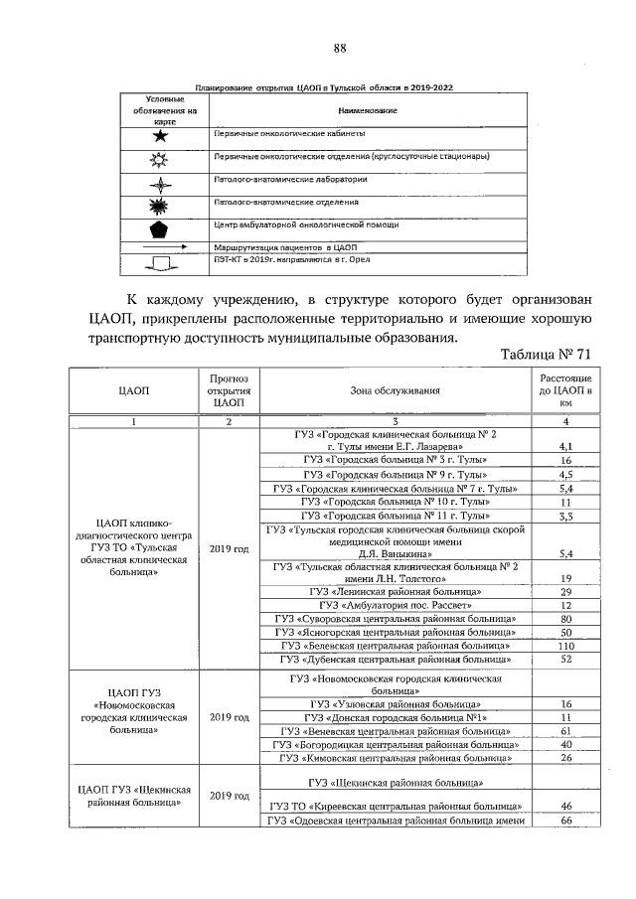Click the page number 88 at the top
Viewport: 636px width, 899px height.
click(340, 49)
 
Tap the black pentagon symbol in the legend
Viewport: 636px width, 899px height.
click(163, 225)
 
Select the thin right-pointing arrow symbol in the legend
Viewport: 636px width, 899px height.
click(163, 245)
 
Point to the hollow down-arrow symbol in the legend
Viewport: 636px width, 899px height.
click(163, 262)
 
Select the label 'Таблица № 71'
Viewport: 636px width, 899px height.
click(547, 355)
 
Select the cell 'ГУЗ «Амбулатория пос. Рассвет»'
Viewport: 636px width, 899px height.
click(395, 604)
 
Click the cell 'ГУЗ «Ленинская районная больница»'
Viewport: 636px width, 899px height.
click(395, 590)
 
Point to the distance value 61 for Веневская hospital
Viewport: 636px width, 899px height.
click(565, 730)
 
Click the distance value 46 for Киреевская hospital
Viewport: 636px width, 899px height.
click(565, 806)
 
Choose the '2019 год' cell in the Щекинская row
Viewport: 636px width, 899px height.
click(230, 796)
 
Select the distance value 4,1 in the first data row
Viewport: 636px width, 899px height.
click(565, 447)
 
